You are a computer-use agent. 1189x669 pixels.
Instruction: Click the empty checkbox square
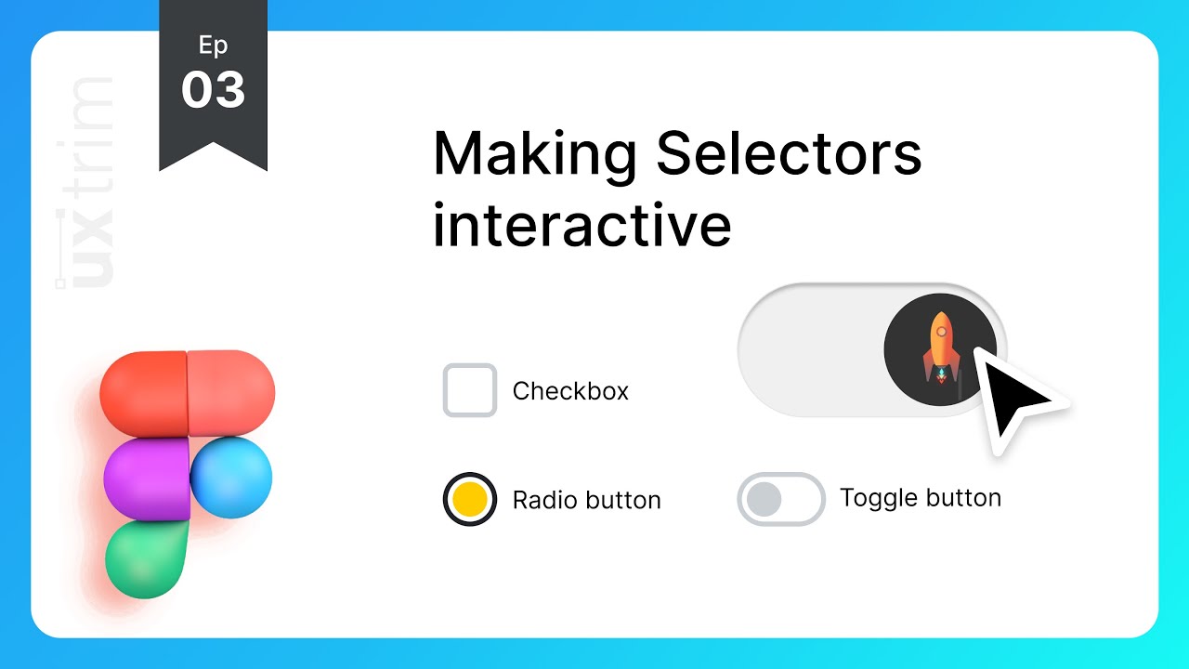point(469,390)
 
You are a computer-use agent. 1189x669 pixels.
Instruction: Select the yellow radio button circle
point(469,499)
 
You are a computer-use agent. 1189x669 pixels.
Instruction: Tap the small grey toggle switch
point(781,499)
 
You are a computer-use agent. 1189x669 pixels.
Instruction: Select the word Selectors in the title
point(789,154)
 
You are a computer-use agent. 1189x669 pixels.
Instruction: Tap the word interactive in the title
point(581,225)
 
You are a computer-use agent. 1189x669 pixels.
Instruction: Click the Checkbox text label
point(570,391)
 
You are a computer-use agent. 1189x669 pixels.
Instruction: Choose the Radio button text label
point(586,500)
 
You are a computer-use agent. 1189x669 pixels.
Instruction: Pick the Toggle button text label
point(920,498)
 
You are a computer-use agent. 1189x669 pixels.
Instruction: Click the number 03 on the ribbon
point(214,91)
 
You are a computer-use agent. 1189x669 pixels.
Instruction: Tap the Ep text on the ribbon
point(214,45)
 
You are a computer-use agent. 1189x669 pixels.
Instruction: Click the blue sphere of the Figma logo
point(231,478)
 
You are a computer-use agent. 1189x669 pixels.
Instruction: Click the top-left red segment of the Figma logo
point(143,393)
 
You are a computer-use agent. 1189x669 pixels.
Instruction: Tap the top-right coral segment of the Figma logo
point(231,393)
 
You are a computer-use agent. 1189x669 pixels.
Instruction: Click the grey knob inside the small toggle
point(764,499)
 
